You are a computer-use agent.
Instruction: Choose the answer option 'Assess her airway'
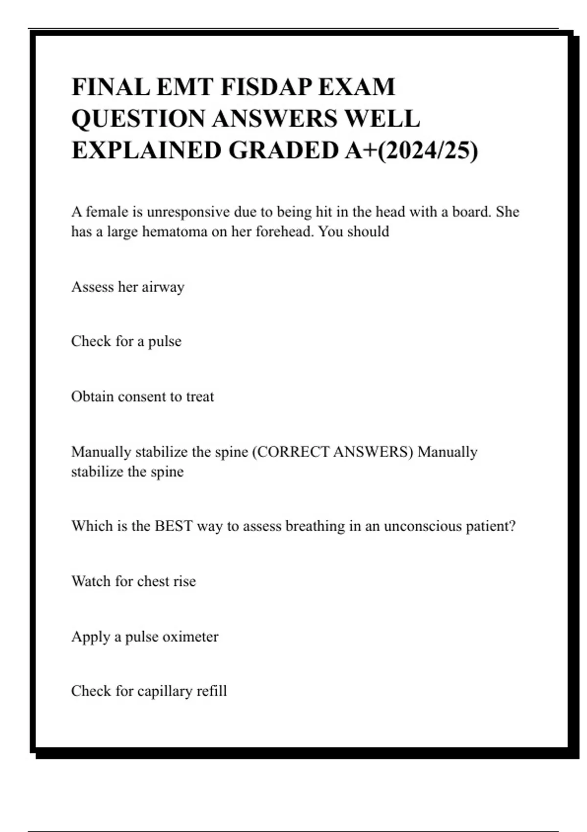coord(128,287)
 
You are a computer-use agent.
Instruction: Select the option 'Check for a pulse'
coord(126,341)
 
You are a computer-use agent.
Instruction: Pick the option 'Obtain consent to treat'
coord(142,396)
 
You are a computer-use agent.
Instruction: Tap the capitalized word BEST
coord(174,526)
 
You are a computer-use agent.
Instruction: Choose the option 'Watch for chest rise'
coord(134,581)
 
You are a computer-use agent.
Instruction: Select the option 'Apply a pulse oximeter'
coord(145,637)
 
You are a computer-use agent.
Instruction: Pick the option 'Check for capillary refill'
coord(149,691)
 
